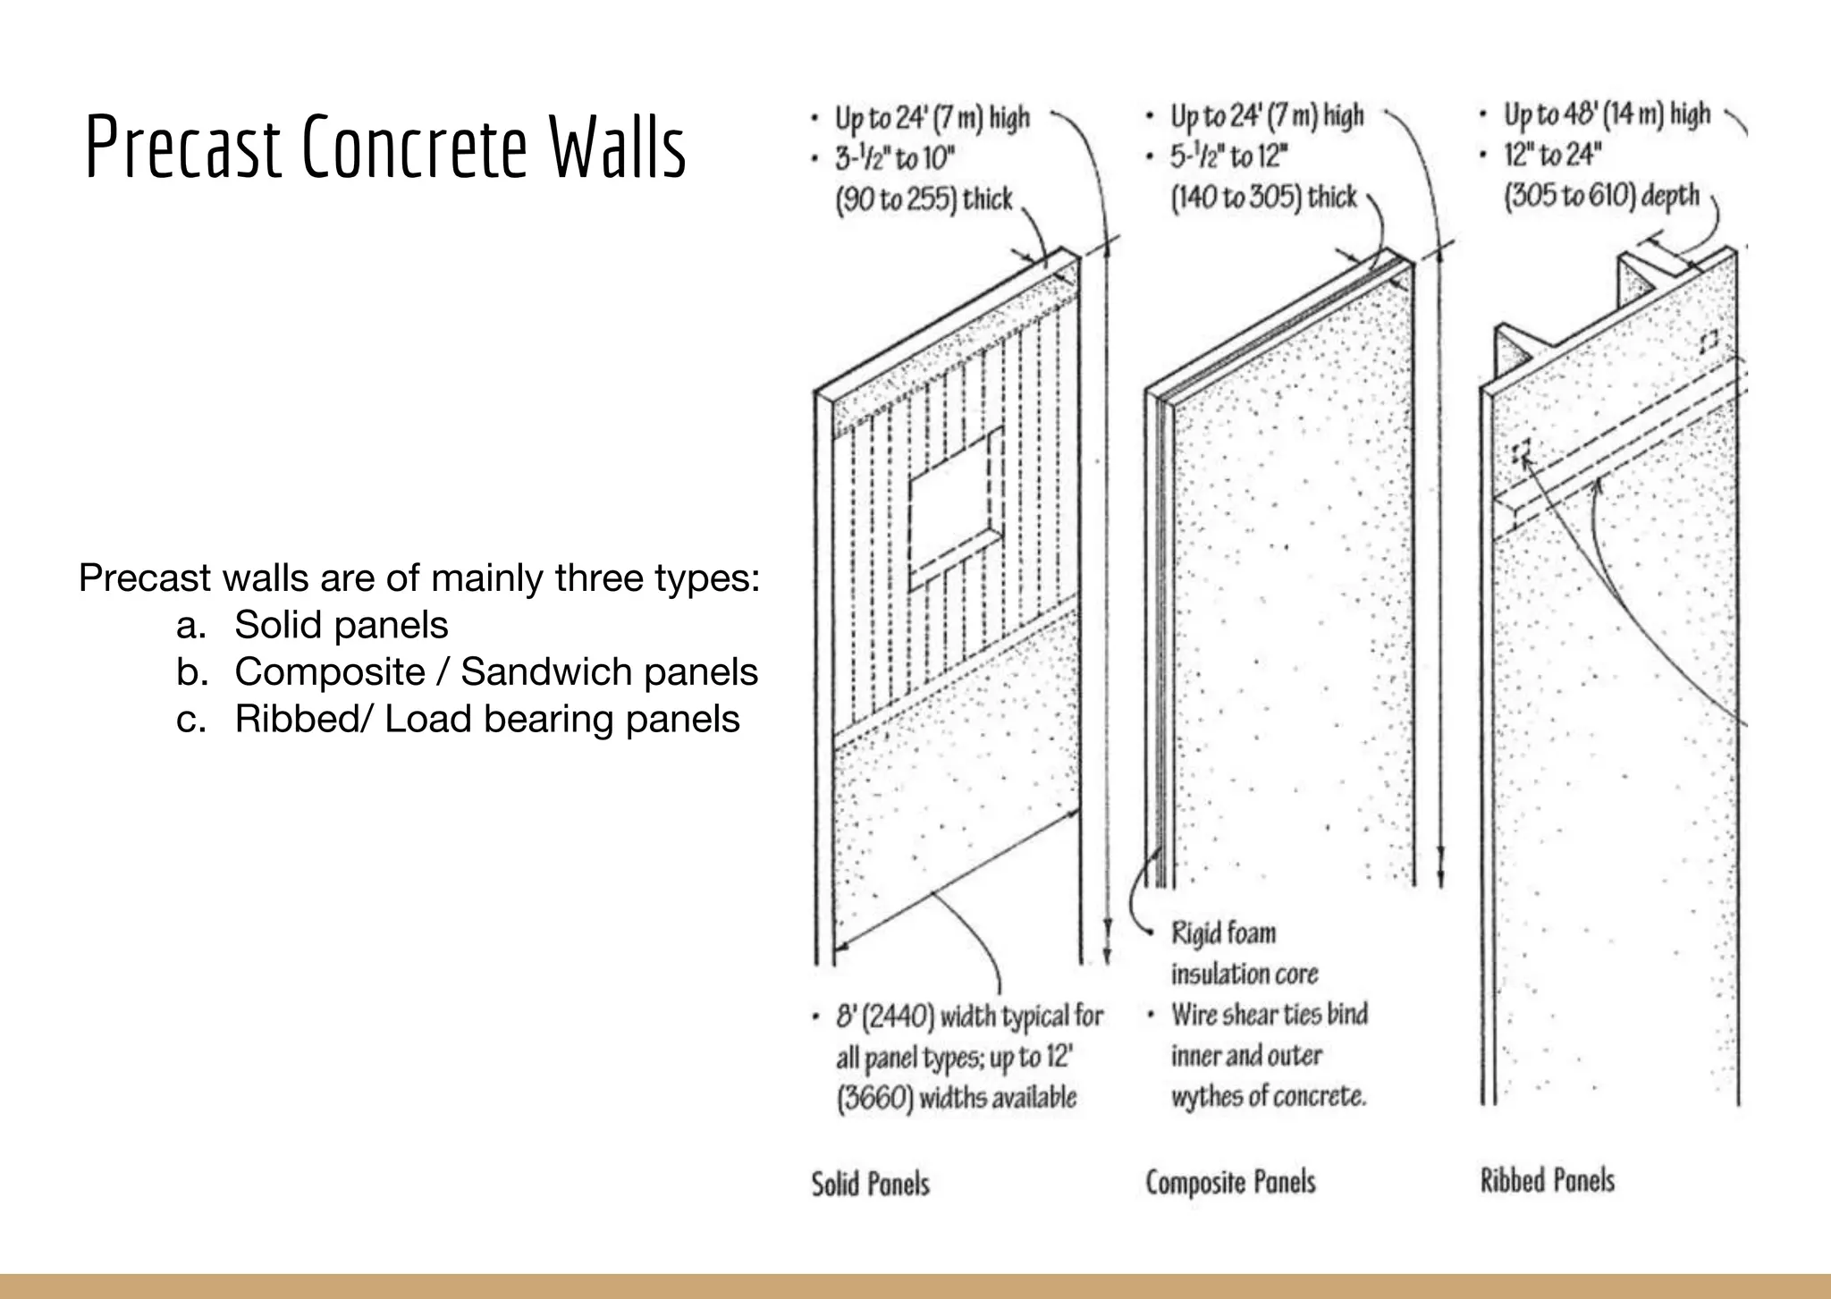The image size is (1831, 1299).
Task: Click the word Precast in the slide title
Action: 183,148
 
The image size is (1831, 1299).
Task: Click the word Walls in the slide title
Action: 617,148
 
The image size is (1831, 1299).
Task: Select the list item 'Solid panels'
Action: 341,625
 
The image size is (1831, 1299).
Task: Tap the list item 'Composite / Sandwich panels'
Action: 496,672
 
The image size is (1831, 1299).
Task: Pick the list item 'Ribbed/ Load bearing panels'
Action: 487,720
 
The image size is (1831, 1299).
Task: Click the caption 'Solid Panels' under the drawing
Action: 870,1185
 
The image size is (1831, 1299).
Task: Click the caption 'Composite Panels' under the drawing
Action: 1230,1183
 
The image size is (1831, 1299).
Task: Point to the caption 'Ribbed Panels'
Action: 1547,1180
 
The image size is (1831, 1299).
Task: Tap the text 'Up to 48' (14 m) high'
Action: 1607,115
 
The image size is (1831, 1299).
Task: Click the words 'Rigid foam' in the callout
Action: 1223,933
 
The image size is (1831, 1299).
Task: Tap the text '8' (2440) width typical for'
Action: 969,1017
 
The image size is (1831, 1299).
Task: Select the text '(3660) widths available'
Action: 956,1098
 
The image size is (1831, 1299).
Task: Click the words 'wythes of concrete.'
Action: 1269,1096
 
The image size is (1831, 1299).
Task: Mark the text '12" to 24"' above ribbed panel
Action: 1551,156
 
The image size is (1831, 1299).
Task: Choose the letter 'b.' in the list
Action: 191,672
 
